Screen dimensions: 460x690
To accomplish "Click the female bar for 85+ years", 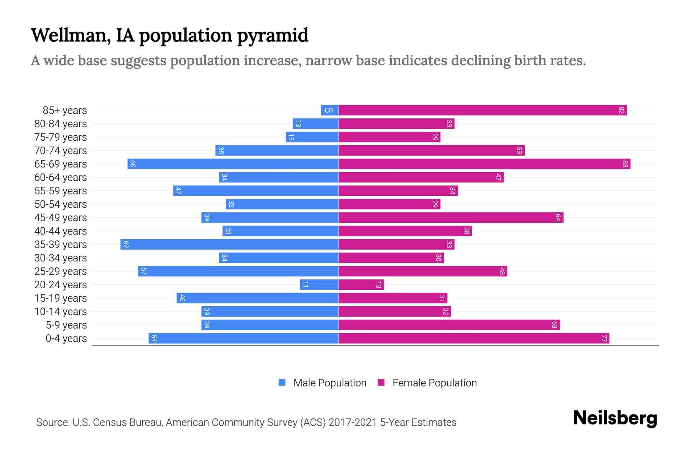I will [x=482, y=110].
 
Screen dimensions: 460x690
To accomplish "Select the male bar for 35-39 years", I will [x=229, y=245].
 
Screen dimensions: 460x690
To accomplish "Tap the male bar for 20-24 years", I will [x=319, y=285].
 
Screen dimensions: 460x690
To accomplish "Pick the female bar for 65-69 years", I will [x=484, y=164].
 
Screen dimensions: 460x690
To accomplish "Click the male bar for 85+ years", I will [x=330, y=110].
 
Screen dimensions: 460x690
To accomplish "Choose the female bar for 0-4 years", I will [x=473, y=338].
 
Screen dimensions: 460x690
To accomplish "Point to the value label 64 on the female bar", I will [x=558, y=218].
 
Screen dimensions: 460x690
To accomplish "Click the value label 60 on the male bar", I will [x=133, y=164].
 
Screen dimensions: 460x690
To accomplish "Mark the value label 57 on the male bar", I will [x=143, y=271].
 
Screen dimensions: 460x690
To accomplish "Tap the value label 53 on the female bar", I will [x=519, y=151].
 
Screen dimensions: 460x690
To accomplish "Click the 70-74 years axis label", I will [x=61, y=151].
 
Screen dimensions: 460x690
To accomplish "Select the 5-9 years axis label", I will [x=66, y=325].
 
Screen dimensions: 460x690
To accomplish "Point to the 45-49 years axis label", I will [x=61, y=218].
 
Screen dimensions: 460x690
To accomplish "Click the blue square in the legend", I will [x=282, y=383].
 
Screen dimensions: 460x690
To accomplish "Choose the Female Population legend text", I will [x=434, y=383].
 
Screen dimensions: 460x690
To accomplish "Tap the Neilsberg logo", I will [x=615, y=419].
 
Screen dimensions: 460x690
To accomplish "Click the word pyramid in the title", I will [x=272, y=35].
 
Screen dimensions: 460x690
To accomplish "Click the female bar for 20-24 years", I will [x=361, y=285].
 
